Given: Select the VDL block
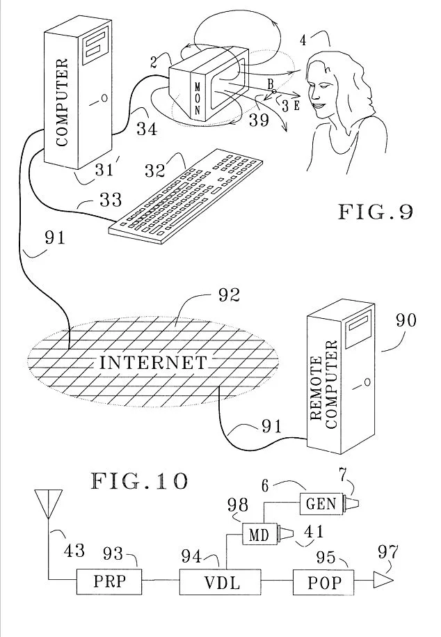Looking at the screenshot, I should pos(220,581).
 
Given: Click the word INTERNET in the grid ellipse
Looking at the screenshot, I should pos(153,363).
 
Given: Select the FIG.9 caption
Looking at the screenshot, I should pos(375,211).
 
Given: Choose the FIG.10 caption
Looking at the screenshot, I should pos(139,481).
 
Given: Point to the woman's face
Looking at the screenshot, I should pos(326,91).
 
